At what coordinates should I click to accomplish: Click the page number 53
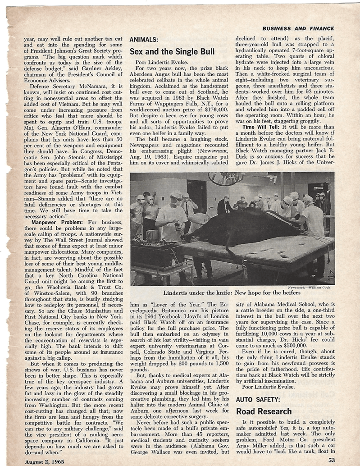tap(332, 460)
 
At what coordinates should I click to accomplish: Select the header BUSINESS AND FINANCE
tap(298, 28)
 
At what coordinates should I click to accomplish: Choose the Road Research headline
tap(265, 411)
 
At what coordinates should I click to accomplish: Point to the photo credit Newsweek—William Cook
tap(310, 287)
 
